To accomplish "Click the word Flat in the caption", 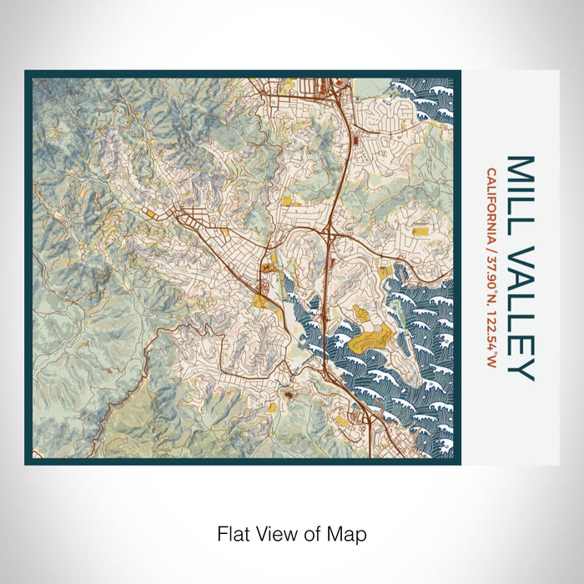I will (231, 532).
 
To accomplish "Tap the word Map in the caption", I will (349, 532).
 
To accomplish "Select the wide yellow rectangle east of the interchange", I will (420, 228).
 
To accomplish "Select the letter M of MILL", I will (521, 168).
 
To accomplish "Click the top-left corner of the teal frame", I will (28, 73).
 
